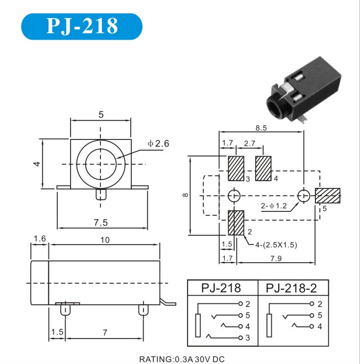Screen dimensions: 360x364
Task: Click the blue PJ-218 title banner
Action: coord(82,26)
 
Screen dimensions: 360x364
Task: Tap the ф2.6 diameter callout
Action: coord(159,143)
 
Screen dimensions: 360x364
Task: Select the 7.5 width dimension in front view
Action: coord(101,223)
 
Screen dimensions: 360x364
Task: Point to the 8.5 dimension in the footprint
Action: coord(261,128)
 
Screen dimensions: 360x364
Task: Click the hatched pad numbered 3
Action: coord(236,168)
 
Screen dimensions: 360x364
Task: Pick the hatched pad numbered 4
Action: coord(264,168)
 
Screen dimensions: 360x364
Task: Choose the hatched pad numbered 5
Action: coord(328,196)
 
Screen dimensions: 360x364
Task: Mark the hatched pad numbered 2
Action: coord(236,223)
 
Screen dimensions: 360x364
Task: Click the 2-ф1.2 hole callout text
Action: coord(274,206)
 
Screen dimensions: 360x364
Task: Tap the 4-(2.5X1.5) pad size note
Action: coord(276,245)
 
